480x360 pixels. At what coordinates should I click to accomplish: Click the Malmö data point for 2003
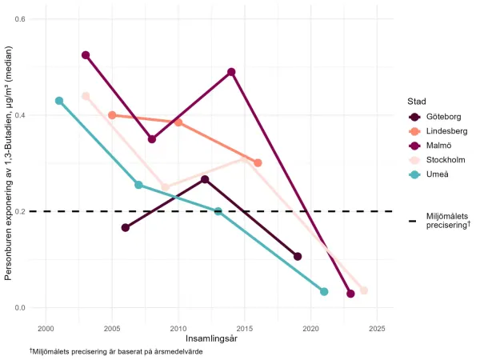pos(86,55)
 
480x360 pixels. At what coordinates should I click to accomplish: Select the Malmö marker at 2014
pos(231,72)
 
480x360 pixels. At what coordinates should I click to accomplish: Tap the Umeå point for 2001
pos(59,101)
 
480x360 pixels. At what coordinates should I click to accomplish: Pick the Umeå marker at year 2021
pos(324,291)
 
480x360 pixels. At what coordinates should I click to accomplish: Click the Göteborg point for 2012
pos(205,179)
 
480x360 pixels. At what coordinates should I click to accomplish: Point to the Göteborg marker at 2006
pos(126,227)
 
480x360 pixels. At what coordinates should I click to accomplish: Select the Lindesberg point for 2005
pos(112,115)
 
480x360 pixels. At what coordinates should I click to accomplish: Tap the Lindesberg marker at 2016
pos(258,162)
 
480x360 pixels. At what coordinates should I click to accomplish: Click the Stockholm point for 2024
pos(364,290)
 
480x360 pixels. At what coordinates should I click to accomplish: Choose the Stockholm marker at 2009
pos(165,188)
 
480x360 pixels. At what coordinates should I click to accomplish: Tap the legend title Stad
pos(414,102)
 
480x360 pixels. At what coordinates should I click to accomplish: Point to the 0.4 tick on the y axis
pos(30,115)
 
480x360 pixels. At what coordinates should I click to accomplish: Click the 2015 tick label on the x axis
pos(245,328)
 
